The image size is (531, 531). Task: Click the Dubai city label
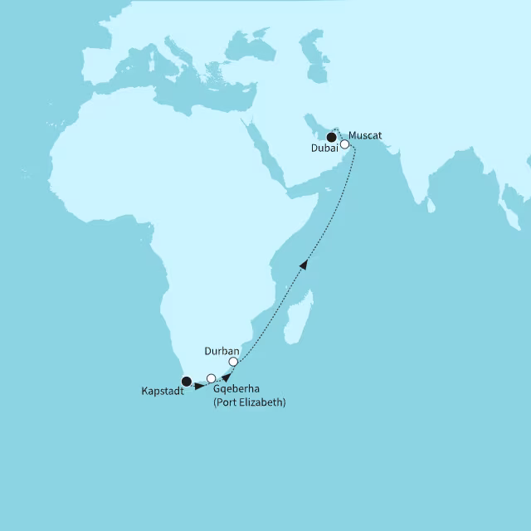pyautogui.click(x=324, y=149)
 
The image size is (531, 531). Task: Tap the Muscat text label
pyautogui.click(x=366, y=135)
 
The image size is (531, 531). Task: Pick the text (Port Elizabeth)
pyautogui.click(x=250, y=402)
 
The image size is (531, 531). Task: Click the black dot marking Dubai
pyautogui.click(x=331, y=138)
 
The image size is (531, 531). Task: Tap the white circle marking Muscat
pyautogui.click(x=345, y=144)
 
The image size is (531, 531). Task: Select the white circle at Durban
pyautogui.click(x=234, y=362)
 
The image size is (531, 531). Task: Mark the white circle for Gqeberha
pyautogui.click(x=212, y=378)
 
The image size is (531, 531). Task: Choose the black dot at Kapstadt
pyautogui.click(x=187, y=382)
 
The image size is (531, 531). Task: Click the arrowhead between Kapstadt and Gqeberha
pyautogui.click(x=200, y=386)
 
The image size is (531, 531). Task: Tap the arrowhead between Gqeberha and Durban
pyautogui.click(x=227, y=377)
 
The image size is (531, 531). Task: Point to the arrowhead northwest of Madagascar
pyautogui.click(x=304, y=264)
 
